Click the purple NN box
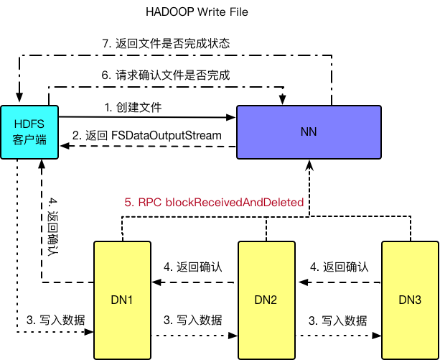(x=309, y=132)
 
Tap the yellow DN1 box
(x=123, y=300)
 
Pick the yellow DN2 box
(x=267, y=300)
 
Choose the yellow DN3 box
(x=409, y=300)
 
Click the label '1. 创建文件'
(x=133, y=107)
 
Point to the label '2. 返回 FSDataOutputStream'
(x=147, y=136)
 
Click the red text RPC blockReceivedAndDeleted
(x=213, y=203)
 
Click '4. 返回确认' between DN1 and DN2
(x=193, y=267)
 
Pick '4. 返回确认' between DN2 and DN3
(x=338, y=267)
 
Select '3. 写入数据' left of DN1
(x=55, y=320)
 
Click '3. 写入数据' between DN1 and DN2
(x=193, y=320)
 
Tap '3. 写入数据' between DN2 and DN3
(x=338, y=320)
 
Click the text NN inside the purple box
(x=309, y=132)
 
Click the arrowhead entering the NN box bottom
(x=309, y=165)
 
